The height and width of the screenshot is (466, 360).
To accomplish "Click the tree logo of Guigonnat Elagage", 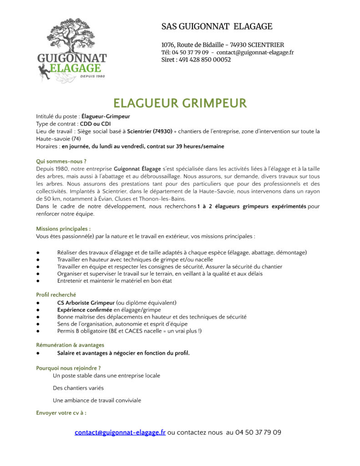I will point(71,50).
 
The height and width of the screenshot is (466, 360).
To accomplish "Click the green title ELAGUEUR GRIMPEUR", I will point(180,103).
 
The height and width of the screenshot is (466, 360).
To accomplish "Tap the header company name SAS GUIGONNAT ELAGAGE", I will point(217,27).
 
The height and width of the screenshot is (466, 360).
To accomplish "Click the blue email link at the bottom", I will point(120,432).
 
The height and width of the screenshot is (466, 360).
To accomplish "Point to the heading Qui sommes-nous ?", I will point(61,161).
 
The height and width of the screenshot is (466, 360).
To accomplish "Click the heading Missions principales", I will point(63,229).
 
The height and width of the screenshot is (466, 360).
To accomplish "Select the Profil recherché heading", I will point(56,295).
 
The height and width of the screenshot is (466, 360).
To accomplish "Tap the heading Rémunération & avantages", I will point(70,345).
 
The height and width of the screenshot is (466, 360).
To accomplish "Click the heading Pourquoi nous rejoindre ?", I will point(68,368).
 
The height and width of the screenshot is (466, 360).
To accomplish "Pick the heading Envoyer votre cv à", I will point(61,413).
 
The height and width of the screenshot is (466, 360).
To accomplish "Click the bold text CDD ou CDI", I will point(95,124).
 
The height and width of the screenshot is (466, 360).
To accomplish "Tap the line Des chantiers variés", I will point(78,388).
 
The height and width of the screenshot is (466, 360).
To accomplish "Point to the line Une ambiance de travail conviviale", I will point(97,400).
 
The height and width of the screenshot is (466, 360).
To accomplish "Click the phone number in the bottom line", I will point(258,432).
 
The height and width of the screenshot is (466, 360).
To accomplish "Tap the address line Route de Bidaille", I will point(223,45).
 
